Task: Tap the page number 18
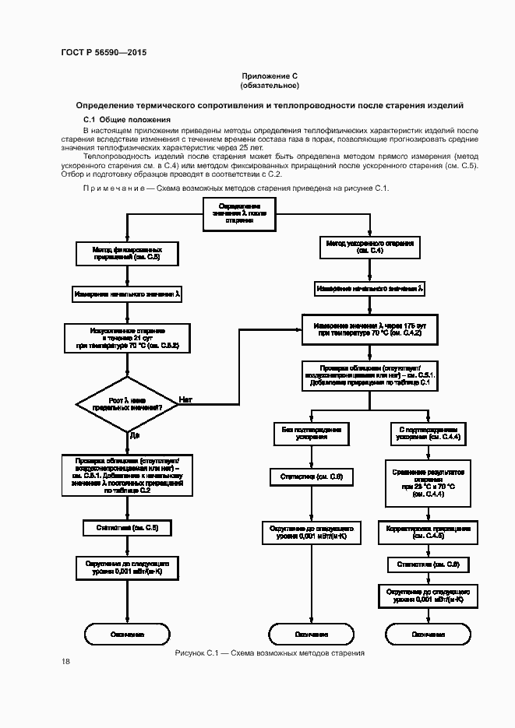point(65,662)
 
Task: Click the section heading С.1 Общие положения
point(126,119)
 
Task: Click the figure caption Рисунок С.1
point(203,652)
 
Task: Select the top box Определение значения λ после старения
point(240,215)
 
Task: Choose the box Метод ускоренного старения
point(370,248)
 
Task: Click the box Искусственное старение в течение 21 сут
point(126,337)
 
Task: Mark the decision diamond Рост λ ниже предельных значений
point(125,404)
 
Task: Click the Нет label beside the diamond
point(186,400)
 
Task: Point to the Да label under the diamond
point(135,434)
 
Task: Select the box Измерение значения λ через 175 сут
point(369,329)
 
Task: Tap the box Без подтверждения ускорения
point(310,433)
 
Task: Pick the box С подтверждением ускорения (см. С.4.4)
point(429,433)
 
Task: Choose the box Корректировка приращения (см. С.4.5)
point(429,532)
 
